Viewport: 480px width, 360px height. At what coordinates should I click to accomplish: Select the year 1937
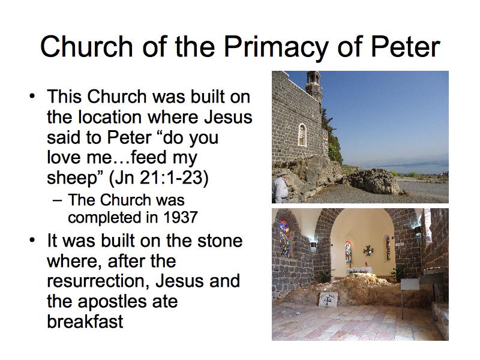(x=181, y=218)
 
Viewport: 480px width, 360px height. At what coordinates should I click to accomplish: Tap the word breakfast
(x=85, y=321)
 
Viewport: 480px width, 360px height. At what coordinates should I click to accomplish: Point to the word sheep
(x=71, y=178)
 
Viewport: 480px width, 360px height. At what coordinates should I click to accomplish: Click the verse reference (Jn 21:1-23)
(x=158, y=178)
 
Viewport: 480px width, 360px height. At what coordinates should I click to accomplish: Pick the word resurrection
(x=98, y=281)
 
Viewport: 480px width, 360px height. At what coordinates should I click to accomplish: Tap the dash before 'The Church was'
(x=57, y=200)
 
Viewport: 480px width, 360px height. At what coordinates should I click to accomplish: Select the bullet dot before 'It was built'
(x=32, y=241)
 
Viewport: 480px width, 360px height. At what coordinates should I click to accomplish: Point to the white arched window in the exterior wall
(x=302, y=134)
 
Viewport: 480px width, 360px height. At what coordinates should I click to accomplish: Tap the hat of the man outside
(x=283, y=172)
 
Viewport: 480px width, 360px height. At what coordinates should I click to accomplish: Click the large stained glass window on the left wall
(x=284, y=237)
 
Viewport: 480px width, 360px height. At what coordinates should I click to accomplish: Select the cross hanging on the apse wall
(x=368, y=251)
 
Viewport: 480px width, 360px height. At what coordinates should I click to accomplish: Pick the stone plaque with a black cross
(x=328, y=299)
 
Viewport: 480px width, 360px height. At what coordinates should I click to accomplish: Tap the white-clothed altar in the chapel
(x=359, y=271)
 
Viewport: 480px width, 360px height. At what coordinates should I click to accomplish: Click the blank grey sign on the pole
(x=410, y=284)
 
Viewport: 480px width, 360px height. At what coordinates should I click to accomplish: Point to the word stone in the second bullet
(x=220, y=241)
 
